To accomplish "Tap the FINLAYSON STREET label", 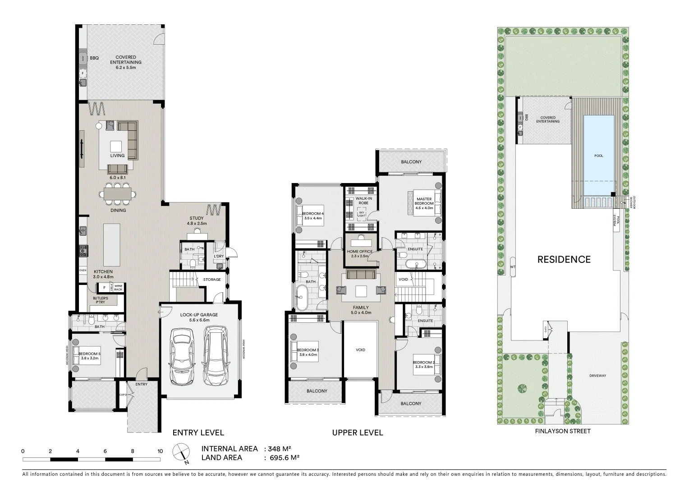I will (562, 431).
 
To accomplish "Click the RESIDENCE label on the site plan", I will (564, 259).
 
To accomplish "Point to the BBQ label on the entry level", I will (94, 58).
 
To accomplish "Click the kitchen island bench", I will (112, 245).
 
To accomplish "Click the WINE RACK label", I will (118, 288).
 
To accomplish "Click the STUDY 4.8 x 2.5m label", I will (197, 221).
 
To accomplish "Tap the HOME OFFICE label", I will (359, 252).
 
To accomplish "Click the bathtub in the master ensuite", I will (413, 264).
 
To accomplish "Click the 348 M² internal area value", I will (279, 449).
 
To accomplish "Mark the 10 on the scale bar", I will (160, 451).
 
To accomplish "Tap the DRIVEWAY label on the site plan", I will (597, 376).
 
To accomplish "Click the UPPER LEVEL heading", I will (357, 433).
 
